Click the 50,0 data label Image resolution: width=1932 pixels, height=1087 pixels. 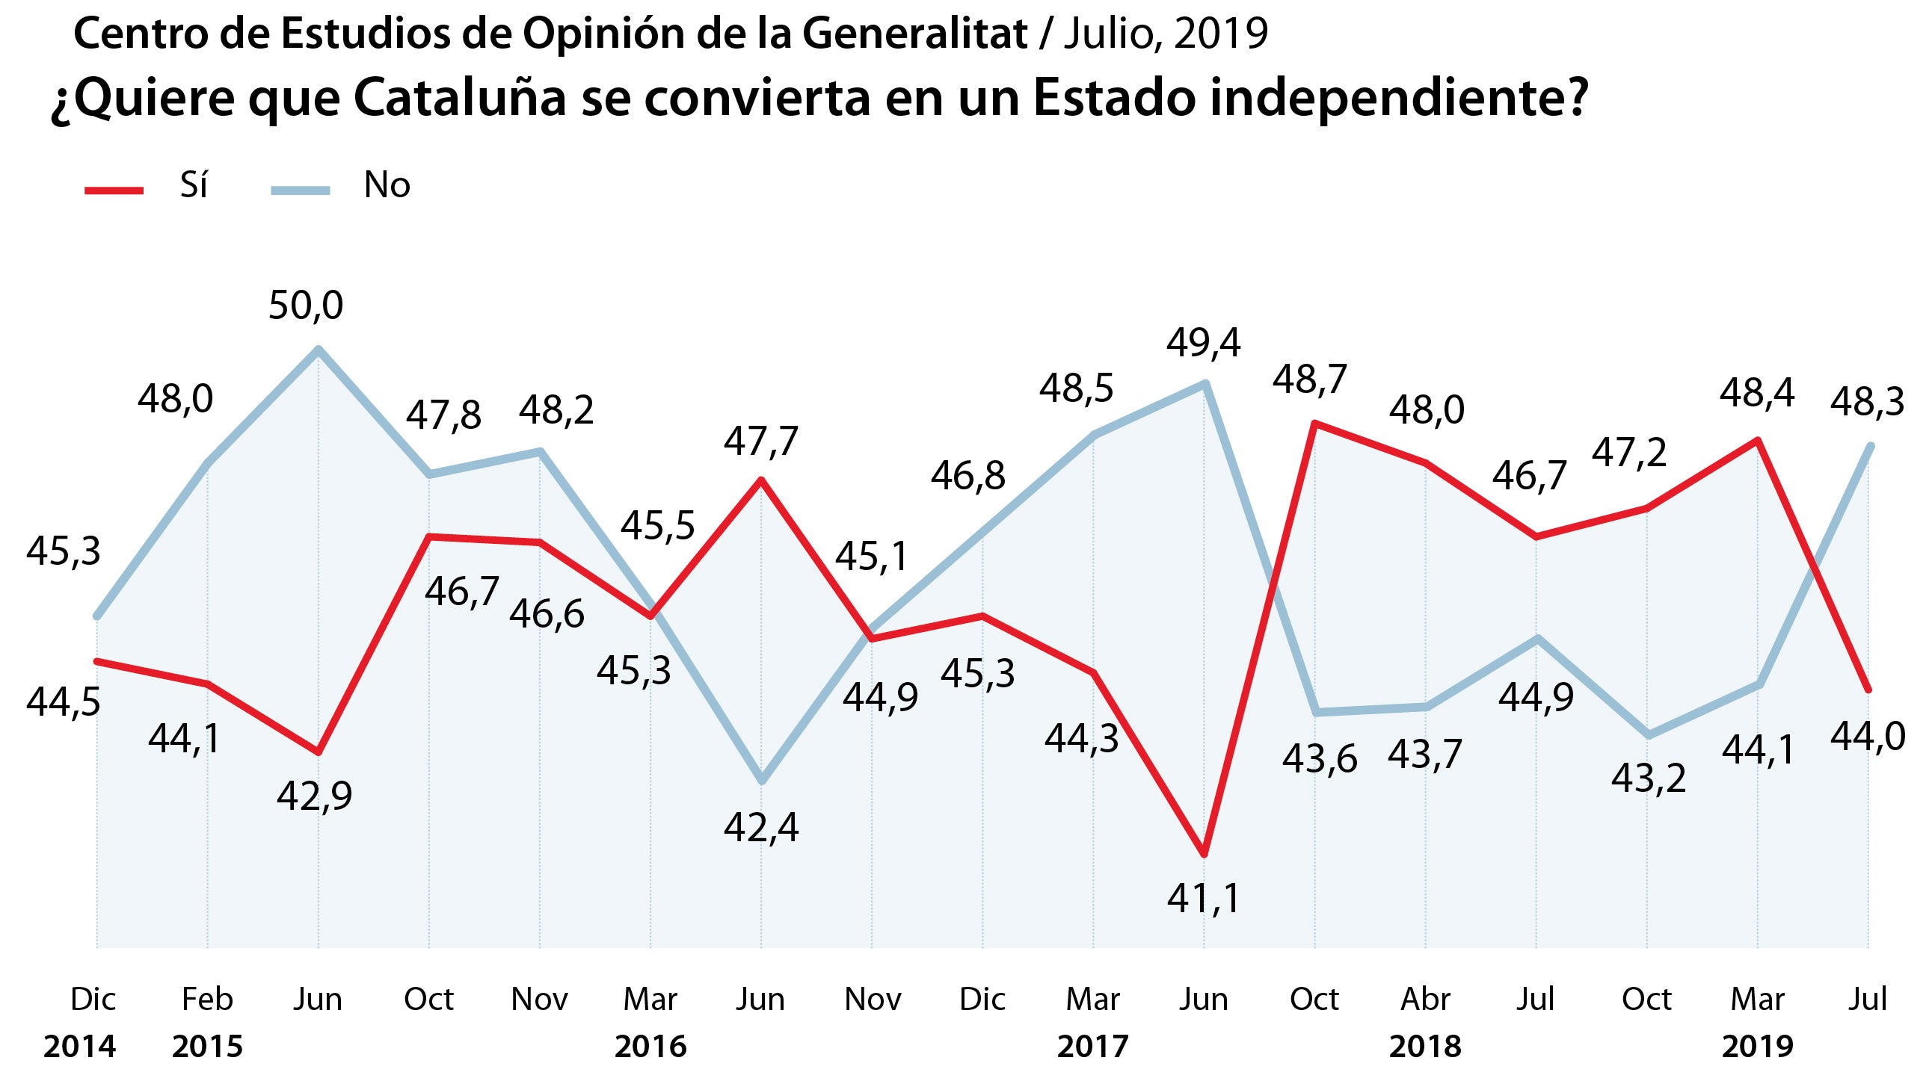305,306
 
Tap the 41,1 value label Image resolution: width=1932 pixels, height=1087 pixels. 1203,898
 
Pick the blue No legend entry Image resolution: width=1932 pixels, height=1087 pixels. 341,186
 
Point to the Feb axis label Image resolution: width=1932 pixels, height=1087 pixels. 208,1000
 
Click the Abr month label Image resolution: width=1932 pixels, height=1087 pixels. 1425,1000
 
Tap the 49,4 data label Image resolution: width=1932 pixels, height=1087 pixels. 1203,344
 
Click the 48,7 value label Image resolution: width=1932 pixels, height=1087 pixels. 1309,380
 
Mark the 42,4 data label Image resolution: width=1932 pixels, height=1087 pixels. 760,829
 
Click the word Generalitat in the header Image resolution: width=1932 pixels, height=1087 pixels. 914,34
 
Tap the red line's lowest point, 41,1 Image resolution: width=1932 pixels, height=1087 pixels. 1204,853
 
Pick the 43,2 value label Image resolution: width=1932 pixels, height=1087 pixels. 1648,779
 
